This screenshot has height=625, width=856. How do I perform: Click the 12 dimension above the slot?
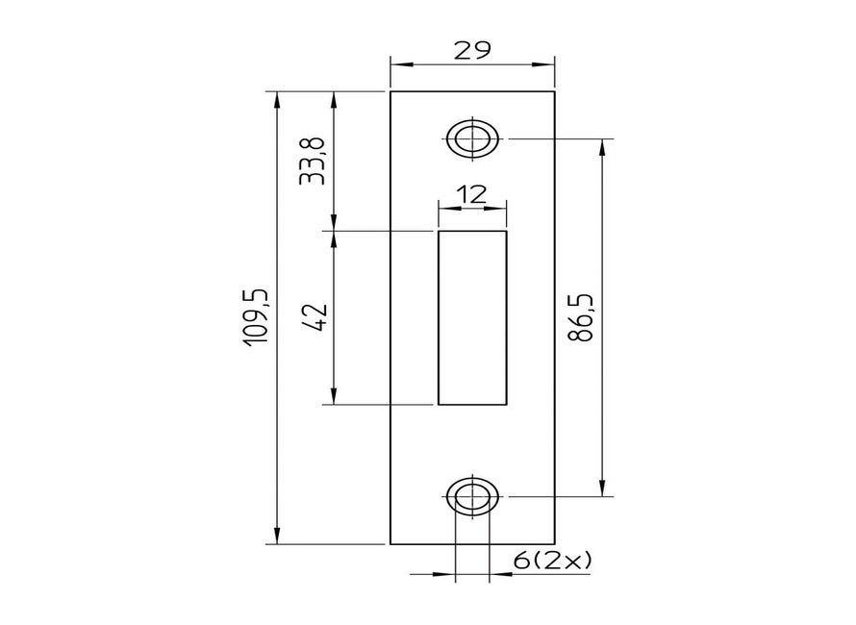pos(471,194)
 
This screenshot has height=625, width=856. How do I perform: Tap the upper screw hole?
pos(472,138)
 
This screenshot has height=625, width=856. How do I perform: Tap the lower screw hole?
pos(472,496)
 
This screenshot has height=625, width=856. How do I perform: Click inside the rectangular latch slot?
pos(472,317)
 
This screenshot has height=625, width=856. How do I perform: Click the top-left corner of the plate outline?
pos(390,91)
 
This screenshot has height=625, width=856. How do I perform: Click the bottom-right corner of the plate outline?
pos(555,543)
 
